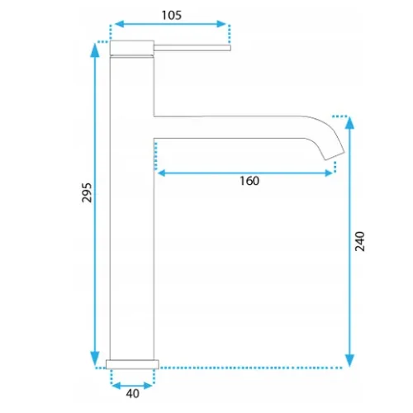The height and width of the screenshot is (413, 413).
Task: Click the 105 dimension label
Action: point(171,15)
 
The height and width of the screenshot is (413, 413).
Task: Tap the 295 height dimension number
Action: point(87,192)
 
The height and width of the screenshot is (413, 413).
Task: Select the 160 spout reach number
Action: point(249,181)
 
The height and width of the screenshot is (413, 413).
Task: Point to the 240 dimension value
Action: point(359,241)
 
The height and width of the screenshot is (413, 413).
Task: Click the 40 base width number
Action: point(133,394)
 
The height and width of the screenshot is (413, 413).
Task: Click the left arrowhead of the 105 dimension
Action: point(119,24)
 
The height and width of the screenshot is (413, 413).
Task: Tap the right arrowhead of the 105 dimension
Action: point(221,24)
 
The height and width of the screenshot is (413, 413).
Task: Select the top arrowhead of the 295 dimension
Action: point(95,50)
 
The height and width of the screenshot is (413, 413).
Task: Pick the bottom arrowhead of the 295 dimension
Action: point(95,358)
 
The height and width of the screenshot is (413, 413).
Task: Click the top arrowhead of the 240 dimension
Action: point(349,123)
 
